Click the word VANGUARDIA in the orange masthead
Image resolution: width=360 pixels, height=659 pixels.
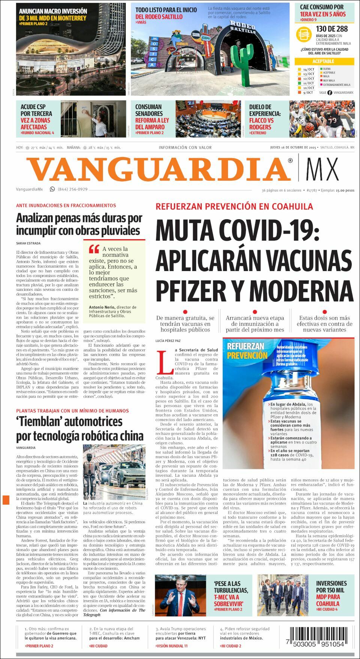159,169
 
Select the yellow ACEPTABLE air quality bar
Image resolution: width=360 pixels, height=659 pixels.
324,61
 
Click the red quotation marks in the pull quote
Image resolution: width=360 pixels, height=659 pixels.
94,249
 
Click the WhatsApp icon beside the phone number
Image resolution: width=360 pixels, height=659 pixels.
52,189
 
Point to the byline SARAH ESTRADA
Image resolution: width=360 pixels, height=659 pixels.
28,243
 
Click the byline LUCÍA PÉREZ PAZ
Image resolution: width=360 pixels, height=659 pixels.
168,341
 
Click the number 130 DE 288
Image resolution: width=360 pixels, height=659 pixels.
332,29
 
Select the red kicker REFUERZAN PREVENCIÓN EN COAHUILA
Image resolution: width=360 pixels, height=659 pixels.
234,207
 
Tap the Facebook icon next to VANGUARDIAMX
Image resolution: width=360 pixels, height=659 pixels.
330,93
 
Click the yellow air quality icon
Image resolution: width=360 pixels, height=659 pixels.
304,35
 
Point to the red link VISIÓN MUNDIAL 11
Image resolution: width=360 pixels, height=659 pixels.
172,646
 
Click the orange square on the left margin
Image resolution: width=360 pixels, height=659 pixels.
6,500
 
